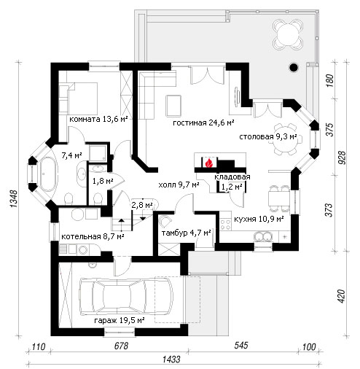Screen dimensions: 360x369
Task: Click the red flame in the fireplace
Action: [x=208, y=163]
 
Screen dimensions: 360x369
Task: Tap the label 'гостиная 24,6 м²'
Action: [x=203, y=123]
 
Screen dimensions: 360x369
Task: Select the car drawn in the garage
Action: [x=126, y=296]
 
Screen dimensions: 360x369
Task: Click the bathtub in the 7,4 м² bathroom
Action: [x=49, y=174]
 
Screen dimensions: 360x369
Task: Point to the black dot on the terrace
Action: [x=294, y=67]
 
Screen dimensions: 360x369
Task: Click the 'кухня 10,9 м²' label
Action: [x=259, y=219]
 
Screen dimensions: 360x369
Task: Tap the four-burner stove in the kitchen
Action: [x=226, y=225]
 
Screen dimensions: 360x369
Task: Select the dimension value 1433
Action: [x=171, y=360]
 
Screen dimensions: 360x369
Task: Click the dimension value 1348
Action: [x=14, y=199]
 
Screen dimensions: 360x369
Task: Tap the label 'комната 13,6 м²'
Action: [x=98, y=120]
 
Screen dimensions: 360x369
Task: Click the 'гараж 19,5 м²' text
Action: [x=120, y=320]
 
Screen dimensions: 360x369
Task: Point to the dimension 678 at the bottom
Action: [x=121, y=346]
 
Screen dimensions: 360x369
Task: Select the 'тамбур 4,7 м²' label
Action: [x=186, y=233]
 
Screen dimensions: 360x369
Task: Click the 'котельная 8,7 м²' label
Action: [x=93, y=236]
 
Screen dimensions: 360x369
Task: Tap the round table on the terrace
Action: [x=288, y=34]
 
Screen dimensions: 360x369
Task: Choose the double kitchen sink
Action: [x=263, y=236]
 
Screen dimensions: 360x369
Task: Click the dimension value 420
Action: [x=341, y=296]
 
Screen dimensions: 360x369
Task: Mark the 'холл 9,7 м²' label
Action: [x=179, y=185]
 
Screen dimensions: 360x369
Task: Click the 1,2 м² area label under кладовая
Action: [x=232, y=187]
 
